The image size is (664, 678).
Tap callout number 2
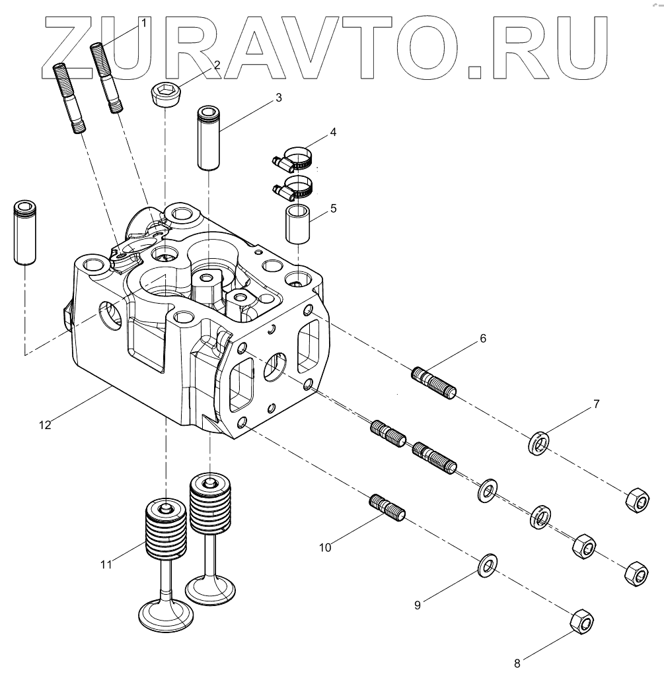click(x=216, y=64)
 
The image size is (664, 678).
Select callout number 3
click(x=279, y=98)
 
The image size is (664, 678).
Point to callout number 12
click(x=44, y=425)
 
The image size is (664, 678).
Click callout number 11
click(x=106, y=564)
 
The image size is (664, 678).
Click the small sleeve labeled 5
click(x=298, y=224)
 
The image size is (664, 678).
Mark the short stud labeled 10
click(x=388, y=507)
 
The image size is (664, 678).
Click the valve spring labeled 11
click(x=166, y=528)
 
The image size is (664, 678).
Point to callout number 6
click(x=483, y=338)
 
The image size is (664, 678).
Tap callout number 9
click(x=417, y=604)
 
